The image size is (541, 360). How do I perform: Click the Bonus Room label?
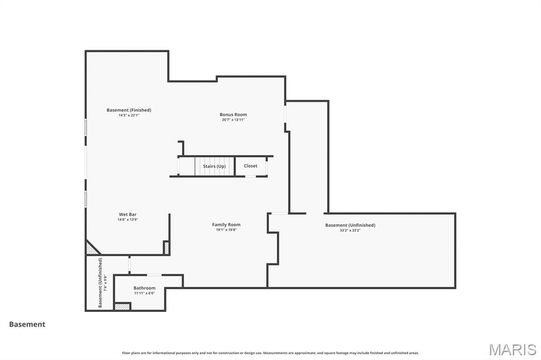coord(233,115)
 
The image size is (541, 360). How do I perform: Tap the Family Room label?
coord(226,224)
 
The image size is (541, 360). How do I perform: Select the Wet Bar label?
coord(127,214)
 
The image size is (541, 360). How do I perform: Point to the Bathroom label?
coord(144,288)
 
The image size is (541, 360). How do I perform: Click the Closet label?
coord(250,166)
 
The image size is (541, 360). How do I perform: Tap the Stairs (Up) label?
coord(214,166)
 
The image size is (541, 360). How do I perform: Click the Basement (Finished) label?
coord(129,110)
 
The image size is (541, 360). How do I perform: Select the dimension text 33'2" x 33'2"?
coord(350,230)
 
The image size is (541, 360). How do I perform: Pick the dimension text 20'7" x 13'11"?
coord(233,120)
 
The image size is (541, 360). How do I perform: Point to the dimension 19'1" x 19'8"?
coord(226,230)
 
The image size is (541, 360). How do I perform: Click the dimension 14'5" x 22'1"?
coord(129,115)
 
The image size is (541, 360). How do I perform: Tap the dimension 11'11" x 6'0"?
coord(144,293)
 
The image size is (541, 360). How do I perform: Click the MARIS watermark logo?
coord(512,349)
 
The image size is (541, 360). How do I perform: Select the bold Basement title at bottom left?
coord(27,325)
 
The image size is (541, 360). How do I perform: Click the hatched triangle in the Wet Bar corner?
coord(91,248)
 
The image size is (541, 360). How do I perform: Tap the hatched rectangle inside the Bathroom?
coord(122,307)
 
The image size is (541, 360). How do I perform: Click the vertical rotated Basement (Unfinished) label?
coord(100,283)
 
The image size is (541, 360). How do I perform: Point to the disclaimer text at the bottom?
coord(270,353)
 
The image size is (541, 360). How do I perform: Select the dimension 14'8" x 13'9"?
coord(127,220)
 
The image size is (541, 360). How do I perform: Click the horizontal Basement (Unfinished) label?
coord(350,225)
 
